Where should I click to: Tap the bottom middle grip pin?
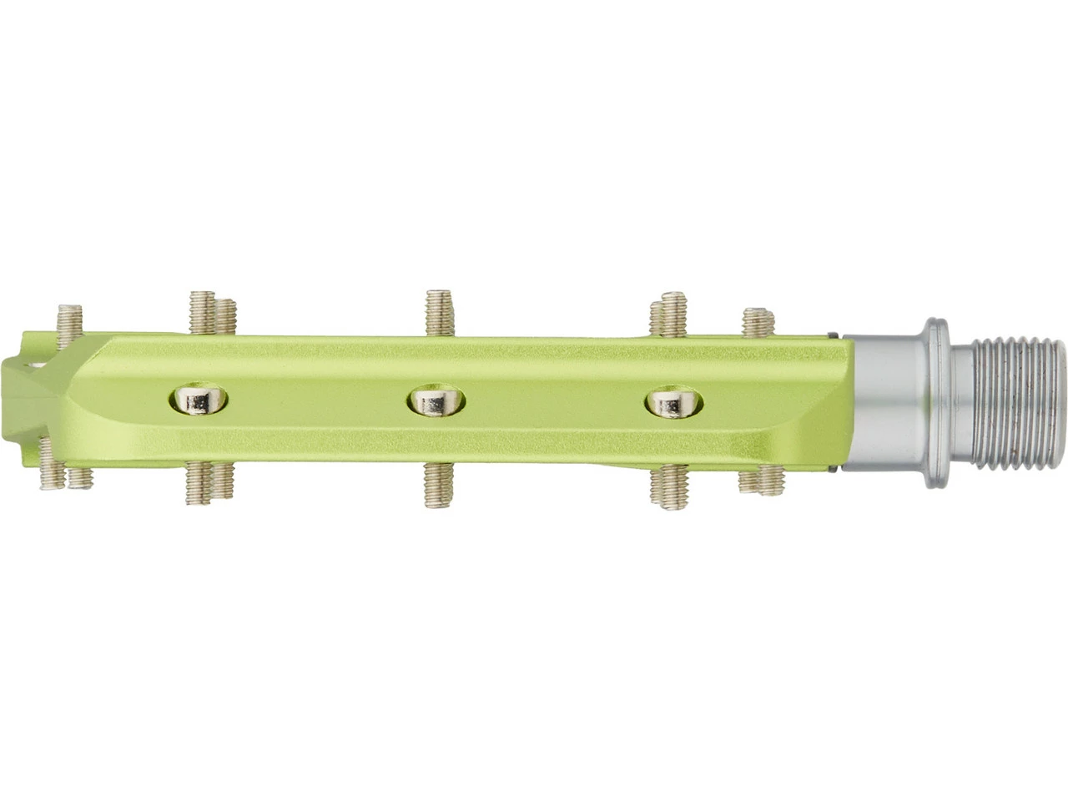[x=436, y=486]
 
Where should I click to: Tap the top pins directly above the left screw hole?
[x=212, y=314]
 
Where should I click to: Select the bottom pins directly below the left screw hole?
[x=210, y=484]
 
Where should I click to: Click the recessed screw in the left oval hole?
[x=199, y=402]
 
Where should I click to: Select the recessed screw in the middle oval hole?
[x=436, y=402]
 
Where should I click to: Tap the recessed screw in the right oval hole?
[x=673, y=403]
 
